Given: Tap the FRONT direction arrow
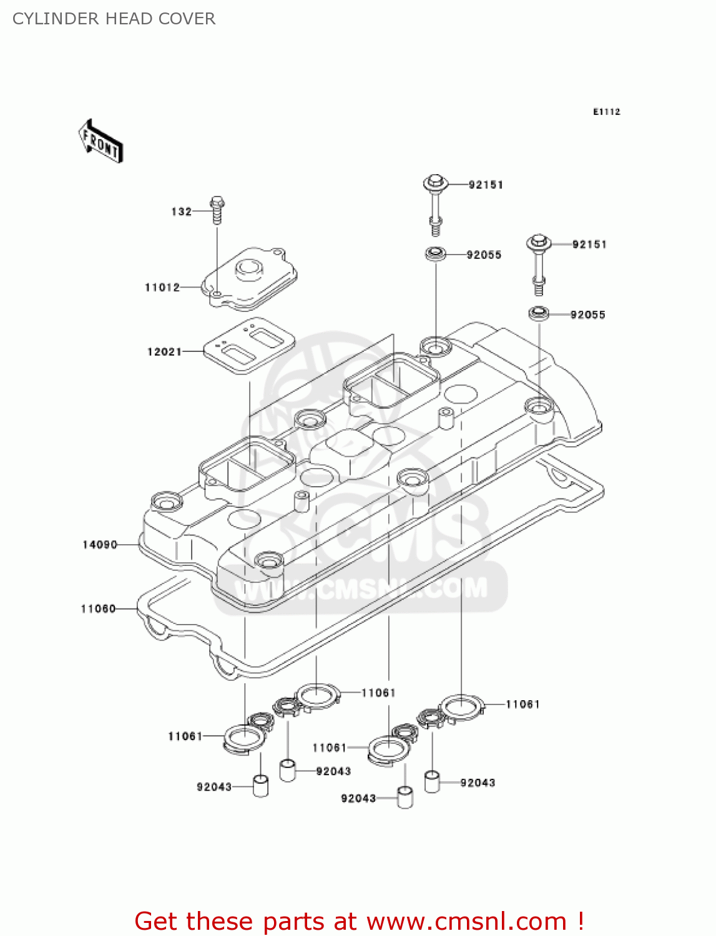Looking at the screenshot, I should [x=101, y=142].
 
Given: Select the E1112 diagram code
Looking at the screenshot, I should [x=606, y=112].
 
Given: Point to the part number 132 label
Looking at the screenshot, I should [x=181, y=212].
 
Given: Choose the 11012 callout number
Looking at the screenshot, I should [x=162, y=288].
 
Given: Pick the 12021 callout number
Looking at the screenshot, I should [x=164, y=352].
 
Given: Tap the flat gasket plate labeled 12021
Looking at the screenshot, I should [x=250, y=346].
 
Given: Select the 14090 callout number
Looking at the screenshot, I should [x=100, y=545].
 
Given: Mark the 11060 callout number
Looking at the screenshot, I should [x=98, y=608].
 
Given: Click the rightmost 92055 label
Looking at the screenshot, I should [x=587, y=314].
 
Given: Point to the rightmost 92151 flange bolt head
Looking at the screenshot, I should [x=538, y=242].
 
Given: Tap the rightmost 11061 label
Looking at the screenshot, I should [x=522, y=704].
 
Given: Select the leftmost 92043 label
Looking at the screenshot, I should [x=214, y=787].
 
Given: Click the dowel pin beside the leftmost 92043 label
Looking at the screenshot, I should [x=260, y=786].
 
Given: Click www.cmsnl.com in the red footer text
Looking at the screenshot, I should [x=466, y=922].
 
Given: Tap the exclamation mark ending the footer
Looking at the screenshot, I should [x=581, y=921].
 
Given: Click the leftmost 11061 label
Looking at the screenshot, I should [x=185, y=736].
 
